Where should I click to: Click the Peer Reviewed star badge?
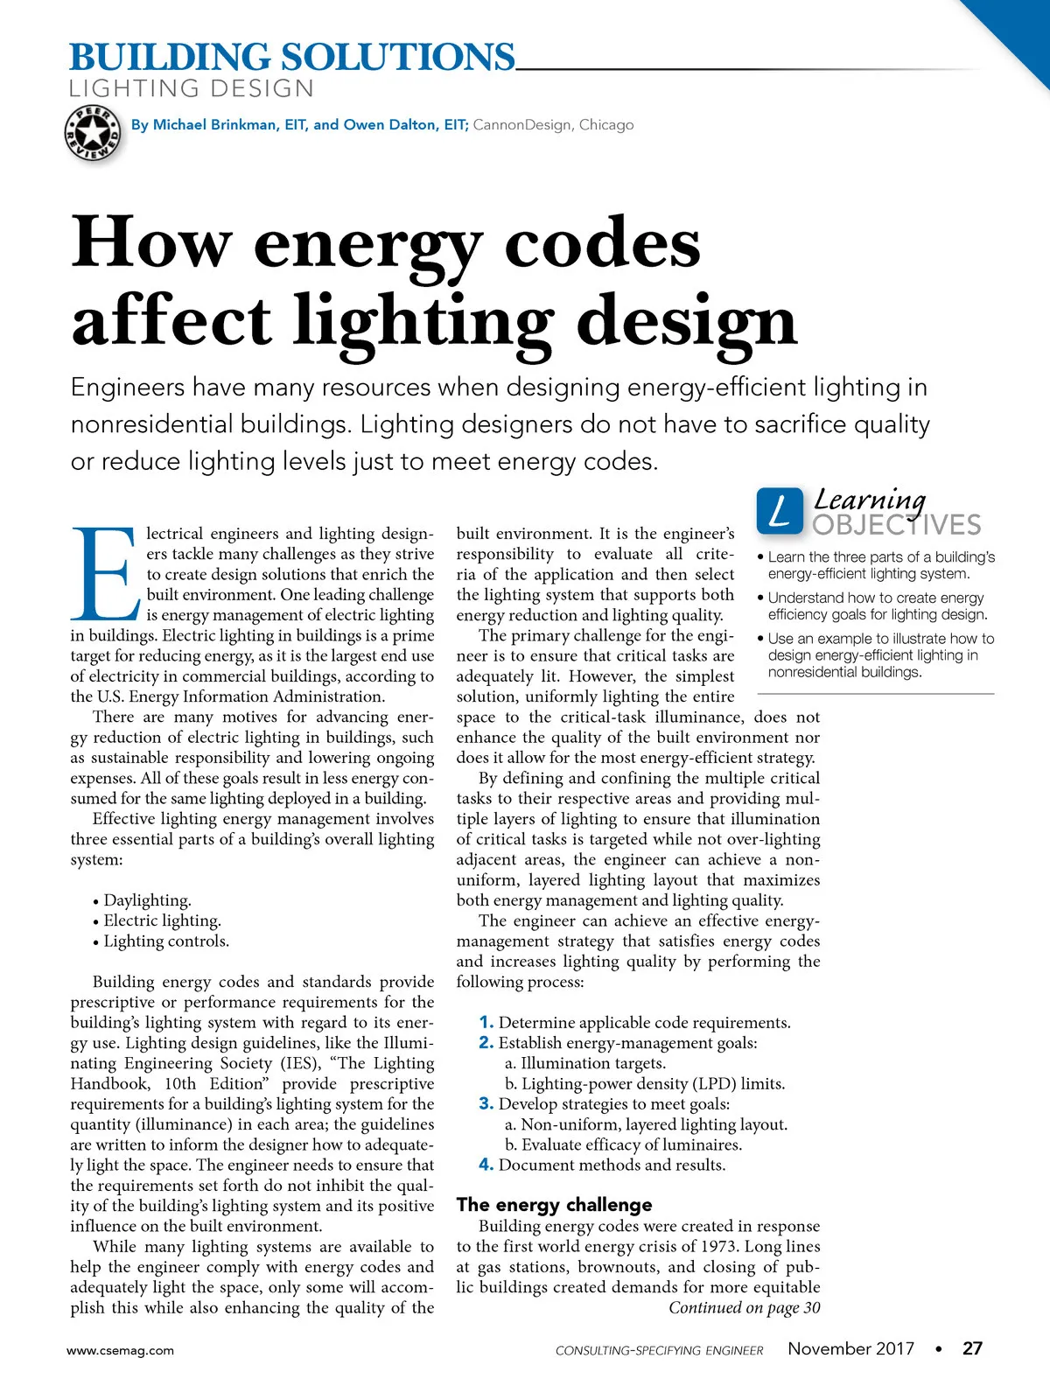click(x=92, y=134)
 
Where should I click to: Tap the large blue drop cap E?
click(x=105, y=573)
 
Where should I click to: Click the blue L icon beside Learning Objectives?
click(x=779, y=510)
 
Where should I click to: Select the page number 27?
click(x=972, y=1348)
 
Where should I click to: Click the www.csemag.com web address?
click(x=121, y=1350)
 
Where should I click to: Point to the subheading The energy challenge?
click(x=554, y=1205)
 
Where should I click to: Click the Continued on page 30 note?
click(x=744, y=1308)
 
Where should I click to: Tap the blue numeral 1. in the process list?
click(x=486, y=1022)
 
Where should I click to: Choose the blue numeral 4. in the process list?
click(x=486, y=1165)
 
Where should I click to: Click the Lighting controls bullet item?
click(x=165, y=941)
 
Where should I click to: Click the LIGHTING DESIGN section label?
click(x=192, y=89)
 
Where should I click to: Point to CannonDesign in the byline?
click(x=522, y=125)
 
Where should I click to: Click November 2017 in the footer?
click(x=850, y=1348)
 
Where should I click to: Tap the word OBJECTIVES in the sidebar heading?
click(x=897, y=525)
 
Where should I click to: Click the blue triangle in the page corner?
click(x=1019, y=31)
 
